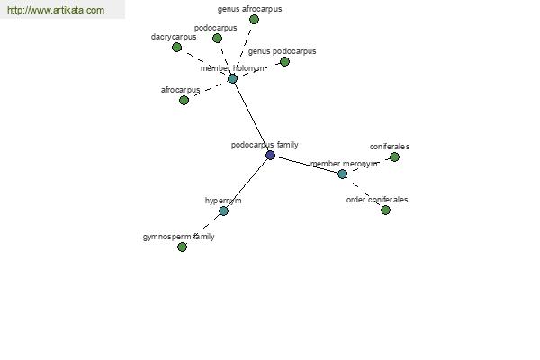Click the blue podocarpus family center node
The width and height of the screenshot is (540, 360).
tap(270, 155)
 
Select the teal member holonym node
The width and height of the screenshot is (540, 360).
tap(232, 78)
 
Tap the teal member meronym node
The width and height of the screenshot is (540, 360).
tap(342, 174)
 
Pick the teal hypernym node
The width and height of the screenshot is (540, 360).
tap(223, 211)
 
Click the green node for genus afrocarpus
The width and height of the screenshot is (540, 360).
tap(254, 19)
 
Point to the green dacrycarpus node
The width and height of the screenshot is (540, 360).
tap(176, 47)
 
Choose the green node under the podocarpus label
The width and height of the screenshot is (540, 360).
tap(217, 38)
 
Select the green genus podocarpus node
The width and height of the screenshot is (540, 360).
tap(284, 62)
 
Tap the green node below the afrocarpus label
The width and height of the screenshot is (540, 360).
tap(184, 100)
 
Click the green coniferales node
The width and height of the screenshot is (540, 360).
tap(394, 157)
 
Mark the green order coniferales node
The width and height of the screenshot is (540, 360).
tap(385, 210)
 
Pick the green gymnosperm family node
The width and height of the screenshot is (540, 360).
tap(182, 247)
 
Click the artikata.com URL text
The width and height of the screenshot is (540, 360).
tap(56, 10)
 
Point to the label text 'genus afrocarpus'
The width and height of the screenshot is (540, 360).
tap(249, 9)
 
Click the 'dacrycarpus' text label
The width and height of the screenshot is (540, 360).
tap(174, 37)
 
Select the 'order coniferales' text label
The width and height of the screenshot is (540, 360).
tap(377, 200)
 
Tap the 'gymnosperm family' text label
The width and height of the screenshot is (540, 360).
tap(179, 237)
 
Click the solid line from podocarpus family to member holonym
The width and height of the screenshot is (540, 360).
tap(251, 117)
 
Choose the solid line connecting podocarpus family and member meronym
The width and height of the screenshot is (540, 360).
tap(307, 165)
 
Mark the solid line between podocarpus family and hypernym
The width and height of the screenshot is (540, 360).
tap(247, 183)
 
